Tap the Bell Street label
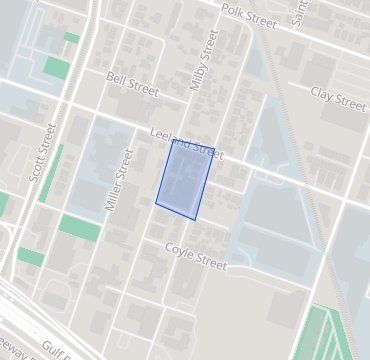(133, 84)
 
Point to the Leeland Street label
(185, 145)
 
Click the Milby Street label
(204, 60)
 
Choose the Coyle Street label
(196, 258)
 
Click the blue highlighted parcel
(185, 180)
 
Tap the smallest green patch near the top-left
(71, 38)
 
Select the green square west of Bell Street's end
(57, 68)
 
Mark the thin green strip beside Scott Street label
(51, 170)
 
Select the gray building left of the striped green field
(285, 311)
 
